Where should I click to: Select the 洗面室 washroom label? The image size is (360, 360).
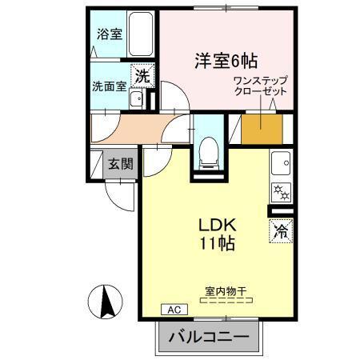(108, 86)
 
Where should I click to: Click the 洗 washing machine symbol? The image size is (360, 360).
(141, 78)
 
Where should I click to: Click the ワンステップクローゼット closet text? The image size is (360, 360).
(260, 86)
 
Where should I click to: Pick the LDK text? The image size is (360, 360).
(215, 226)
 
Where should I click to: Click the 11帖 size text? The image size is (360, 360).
(216, 244)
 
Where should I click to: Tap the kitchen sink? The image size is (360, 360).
(282, 164)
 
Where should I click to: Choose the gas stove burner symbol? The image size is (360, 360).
(282, 193)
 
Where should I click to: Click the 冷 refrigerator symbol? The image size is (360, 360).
(281, 232)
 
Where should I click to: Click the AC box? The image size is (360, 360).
(172, 309)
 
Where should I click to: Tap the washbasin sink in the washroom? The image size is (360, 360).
(136, 101)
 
